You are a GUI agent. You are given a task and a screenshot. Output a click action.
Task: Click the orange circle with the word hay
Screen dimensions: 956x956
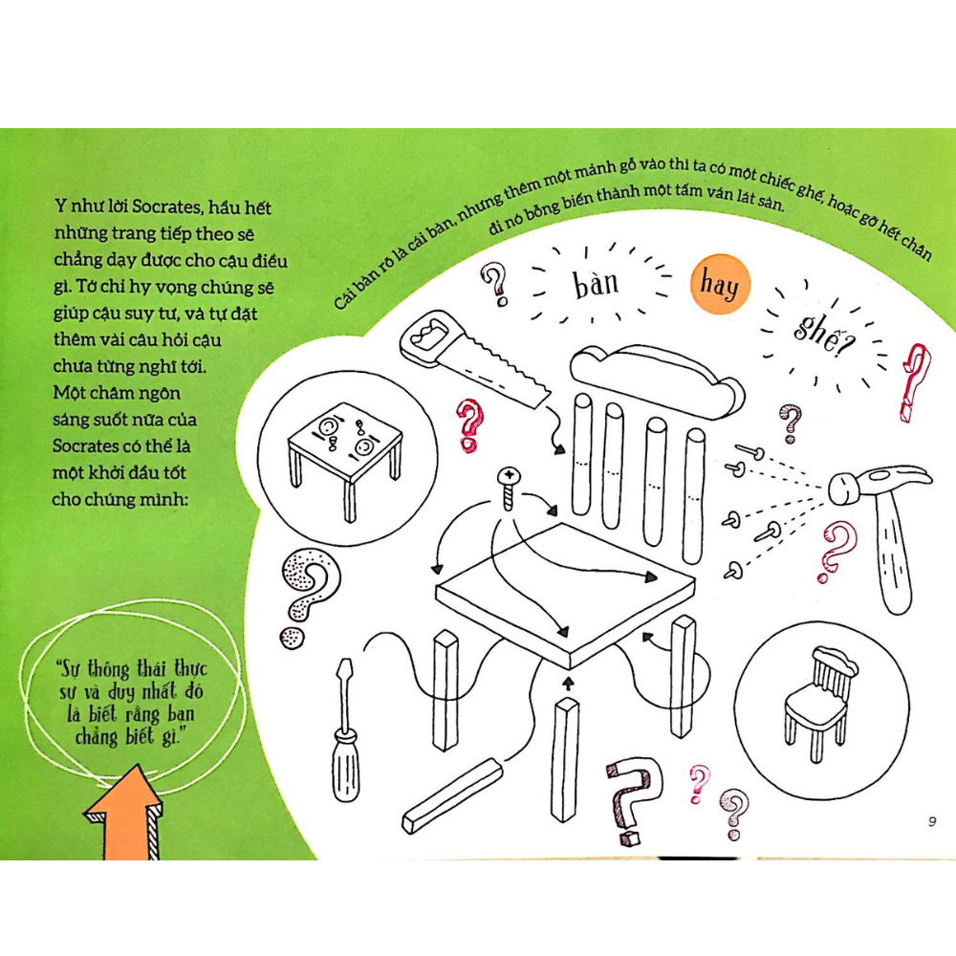[x=720, y=284]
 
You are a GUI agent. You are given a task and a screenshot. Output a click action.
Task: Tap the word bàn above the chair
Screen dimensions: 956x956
[x=596, y=284]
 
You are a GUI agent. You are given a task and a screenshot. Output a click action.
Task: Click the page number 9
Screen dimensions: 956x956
[x=931, y=821]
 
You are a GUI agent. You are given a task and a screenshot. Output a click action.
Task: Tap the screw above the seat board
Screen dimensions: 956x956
[x=509, y=488]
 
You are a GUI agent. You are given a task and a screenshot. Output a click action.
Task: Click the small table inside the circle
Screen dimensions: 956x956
[x=345, y=456]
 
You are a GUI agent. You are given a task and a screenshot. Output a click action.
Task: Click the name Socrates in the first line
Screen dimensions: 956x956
[x=165, y=206]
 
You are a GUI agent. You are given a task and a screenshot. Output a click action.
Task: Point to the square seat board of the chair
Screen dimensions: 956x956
[x=565, y=595]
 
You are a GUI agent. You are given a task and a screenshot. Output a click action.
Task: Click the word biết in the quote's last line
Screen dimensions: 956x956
[x=141, y=737]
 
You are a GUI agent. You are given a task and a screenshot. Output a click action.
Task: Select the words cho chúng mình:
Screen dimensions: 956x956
[x=120, y=499]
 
